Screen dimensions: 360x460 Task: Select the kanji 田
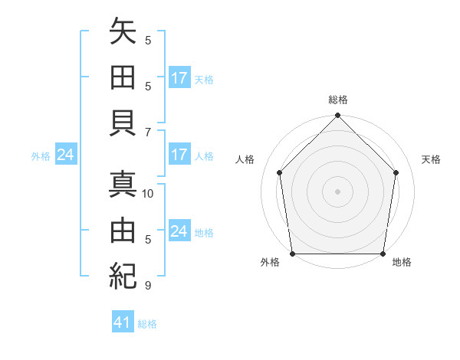point(123,79)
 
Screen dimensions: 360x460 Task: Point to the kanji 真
point(123,186)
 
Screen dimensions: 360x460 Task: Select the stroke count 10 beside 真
point(149,194)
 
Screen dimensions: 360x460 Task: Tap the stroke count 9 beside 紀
point(148,286)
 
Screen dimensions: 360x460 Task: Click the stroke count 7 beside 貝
point(148,133)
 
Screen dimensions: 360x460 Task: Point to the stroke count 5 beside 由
point(148,240)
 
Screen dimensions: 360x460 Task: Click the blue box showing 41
point(123,322)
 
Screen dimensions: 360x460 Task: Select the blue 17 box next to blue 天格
point(179,78)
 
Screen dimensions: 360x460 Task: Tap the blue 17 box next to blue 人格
point(179,155)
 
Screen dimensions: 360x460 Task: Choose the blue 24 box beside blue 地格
point(179,231)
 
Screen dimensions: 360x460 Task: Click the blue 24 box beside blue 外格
point(66,155)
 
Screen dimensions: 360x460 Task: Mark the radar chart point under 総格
point(337,116)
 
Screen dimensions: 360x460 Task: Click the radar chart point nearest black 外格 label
point(292,254)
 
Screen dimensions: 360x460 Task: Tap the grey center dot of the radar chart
point(337,191)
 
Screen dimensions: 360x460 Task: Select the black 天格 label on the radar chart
point(432,159)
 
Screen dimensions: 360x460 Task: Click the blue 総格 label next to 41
point(147,324)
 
